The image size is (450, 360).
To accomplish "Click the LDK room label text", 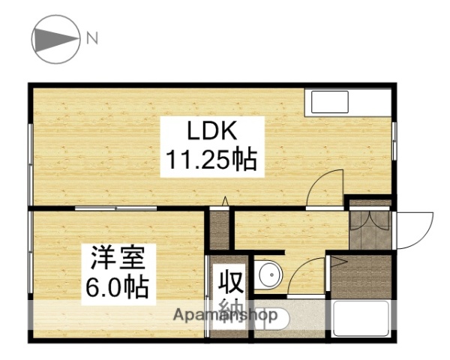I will [212, 131].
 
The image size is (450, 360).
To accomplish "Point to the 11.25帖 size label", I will [212, 159].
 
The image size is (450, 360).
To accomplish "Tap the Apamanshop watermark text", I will [226, 316].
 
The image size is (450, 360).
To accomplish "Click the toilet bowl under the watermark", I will [267, 317].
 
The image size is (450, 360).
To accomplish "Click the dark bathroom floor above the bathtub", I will [362, 277].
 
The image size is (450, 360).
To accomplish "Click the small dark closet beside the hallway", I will [218, 229].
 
